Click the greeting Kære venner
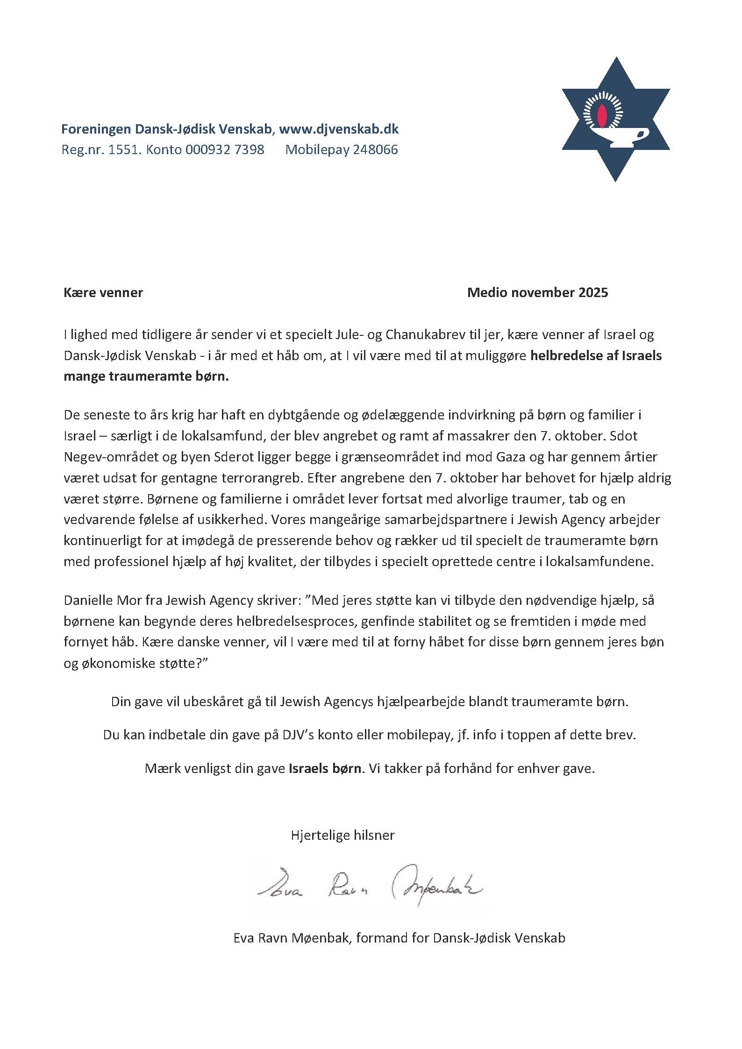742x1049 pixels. [x=103, y=293]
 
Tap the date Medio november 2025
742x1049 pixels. [x=537, y=293]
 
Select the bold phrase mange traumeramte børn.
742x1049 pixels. [x=146, y=376]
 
